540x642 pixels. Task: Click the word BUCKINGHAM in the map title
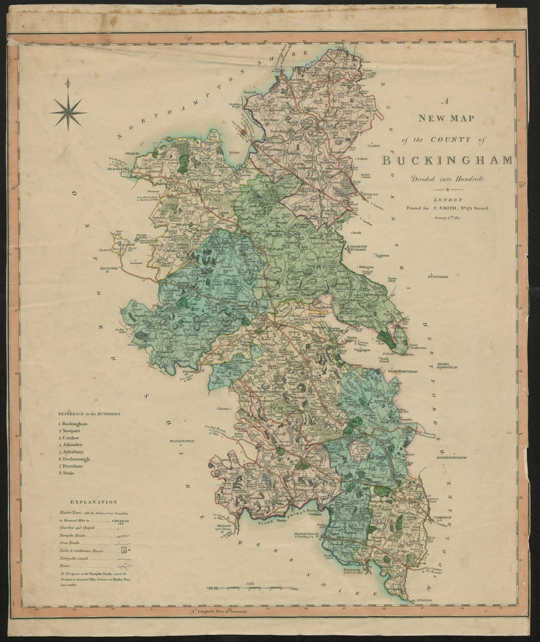(447, 160)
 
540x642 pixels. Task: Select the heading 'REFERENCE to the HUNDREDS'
(89, 414)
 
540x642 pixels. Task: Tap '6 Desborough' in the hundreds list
(74, 459)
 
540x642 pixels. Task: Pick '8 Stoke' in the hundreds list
(67, 473)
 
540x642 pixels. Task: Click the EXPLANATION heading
(93, 501)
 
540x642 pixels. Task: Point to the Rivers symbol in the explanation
(124, 566)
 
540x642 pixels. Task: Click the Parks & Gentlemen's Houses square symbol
(124, 550)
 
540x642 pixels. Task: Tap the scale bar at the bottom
(251, 587)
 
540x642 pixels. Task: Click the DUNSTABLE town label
(438, 277)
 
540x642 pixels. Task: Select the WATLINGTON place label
(182, 441)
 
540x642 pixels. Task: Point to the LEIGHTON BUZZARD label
(357, 248)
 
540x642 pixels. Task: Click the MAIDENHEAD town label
(305, 533)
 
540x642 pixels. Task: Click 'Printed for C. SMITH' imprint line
(449, 208)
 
